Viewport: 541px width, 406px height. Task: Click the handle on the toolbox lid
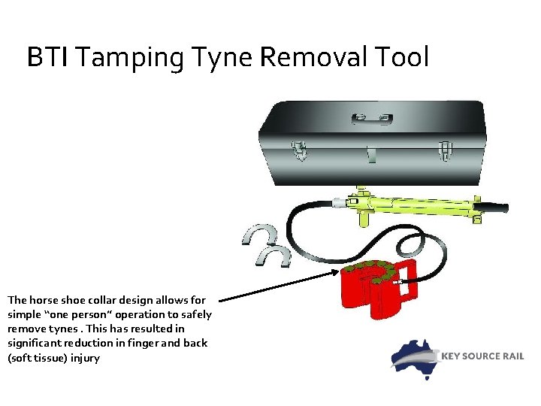373,118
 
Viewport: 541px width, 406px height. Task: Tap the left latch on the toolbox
301,150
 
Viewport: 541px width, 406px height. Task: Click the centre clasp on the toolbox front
373,155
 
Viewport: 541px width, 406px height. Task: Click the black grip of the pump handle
492,205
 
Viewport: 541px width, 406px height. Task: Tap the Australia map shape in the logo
415,358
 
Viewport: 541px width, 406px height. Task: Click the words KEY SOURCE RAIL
481,356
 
